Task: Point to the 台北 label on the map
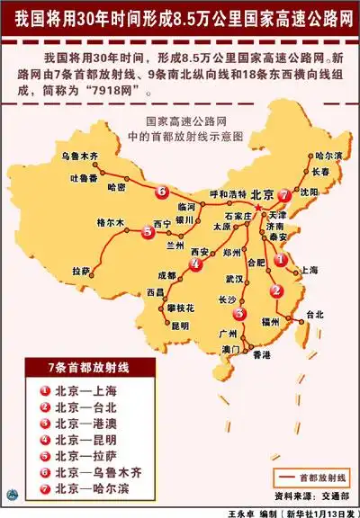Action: [x=314, y=314]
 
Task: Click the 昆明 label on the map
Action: [x=181, y=325]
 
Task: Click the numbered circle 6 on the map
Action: [x=160, y=192]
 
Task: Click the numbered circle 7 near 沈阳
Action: [x=284, y=194]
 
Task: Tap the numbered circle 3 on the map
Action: [x=239, y=313]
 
